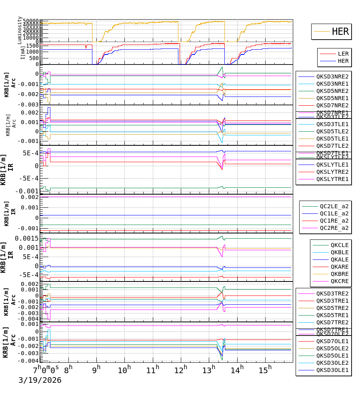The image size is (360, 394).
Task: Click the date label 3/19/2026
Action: coord(40,380)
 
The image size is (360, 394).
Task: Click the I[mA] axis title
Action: coord(23,52)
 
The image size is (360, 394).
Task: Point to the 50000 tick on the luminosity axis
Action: coord(30,21)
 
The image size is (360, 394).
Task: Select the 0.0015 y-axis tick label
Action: coord(27,239)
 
